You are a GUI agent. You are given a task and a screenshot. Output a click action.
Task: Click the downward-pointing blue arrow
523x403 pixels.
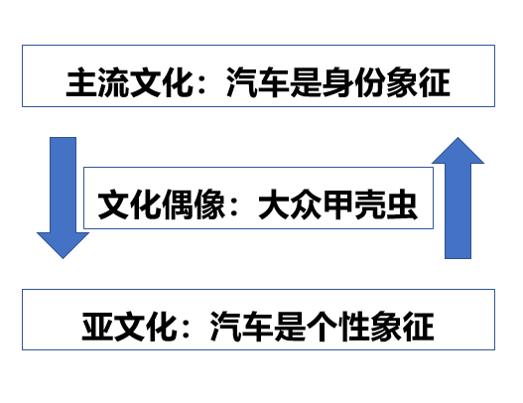click(x=64, y=198)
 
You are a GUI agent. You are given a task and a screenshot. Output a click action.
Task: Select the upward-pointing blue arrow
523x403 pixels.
click(x=458, y=198)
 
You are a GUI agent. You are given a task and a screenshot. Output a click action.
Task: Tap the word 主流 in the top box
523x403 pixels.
click(x=96, y=82)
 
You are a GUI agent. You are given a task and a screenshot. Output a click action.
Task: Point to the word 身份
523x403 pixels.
click(x=353, y=82)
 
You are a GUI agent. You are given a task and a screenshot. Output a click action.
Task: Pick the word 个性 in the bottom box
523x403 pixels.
click(x=337, y=327)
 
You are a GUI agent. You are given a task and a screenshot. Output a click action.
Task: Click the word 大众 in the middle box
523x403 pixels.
click(x=290, y=204)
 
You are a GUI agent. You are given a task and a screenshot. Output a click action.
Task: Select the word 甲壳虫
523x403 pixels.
click(x=369, y=204)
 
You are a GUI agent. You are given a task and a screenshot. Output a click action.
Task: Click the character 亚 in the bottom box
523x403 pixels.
click(x=97, y=327)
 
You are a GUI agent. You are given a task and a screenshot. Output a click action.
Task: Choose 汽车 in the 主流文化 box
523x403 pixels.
click(x=257, y=82)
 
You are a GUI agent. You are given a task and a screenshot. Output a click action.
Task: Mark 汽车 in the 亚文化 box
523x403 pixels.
click(x=241, y=327)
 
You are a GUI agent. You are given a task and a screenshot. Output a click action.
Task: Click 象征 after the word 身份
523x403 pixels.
click(x=418, y=82)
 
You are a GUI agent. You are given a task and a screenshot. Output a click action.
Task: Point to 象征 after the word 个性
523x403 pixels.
click(x=402, y=327)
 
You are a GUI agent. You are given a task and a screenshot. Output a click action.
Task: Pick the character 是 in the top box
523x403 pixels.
click(x=306, y=82)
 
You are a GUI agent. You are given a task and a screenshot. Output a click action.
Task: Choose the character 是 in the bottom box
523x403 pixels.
click(x=290, y=327)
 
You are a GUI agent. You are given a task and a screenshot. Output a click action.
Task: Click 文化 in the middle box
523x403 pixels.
click(x=129, y=204)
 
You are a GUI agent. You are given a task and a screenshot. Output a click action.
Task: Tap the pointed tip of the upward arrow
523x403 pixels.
click(x=458, y=137)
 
